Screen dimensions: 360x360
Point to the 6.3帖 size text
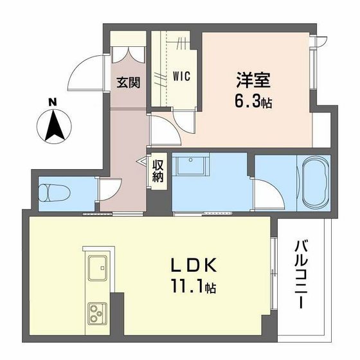point(252,102)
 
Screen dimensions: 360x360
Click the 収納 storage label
point(158,169)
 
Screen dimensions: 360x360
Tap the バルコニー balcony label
point(302,273)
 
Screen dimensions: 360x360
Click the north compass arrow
point(53,123)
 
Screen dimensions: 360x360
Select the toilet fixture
point(51,193)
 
